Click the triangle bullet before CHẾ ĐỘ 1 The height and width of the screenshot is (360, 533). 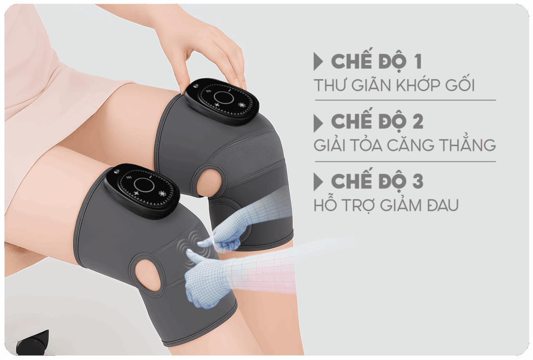[318, 61]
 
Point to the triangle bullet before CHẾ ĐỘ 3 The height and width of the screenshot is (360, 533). [318, 182]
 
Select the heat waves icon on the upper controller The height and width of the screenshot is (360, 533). [204, 91]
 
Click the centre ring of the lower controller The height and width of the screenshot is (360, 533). [145, 185]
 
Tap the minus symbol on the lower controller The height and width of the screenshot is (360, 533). [149, 177]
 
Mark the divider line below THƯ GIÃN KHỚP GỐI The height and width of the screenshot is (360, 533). [405, 101]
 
